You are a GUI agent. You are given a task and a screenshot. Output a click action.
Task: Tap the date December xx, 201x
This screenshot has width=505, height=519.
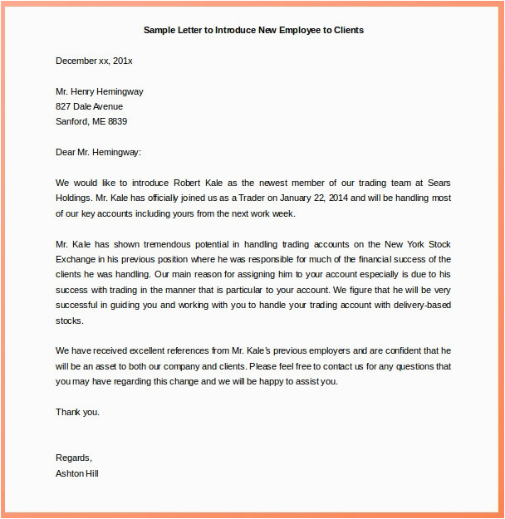coord(94,61)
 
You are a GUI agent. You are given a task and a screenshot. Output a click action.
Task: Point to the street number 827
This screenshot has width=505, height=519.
coord(64,106)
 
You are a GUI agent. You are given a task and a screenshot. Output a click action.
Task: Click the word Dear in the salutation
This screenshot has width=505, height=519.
coord(66,152)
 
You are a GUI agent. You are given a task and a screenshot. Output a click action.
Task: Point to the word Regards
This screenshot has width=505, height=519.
coord(73,458)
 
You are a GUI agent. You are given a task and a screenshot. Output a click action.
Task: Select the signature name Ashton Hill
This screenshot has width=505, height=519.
coord(78,473)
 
